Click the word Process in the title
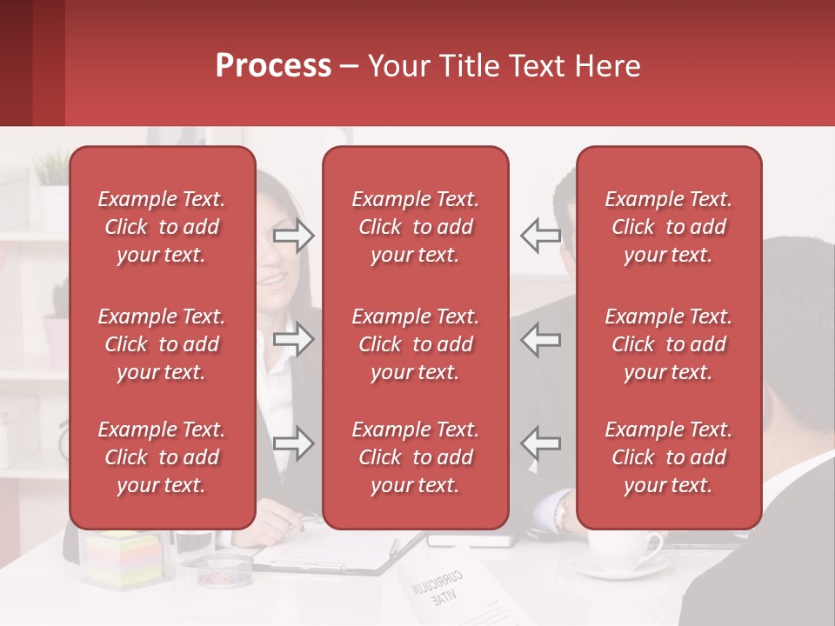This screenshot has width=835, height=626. coord(273,66)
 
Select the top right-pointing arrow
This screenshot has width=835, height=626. coord(294,236)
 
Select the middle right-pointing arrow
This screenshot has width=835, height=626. coord(294,339)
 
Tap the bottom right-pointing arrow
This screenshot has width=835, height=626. coord(294,443)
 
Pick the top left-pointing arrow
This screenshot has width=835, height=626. coord(540,236)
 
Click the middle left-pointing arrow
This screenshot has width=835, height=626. coord(540,339)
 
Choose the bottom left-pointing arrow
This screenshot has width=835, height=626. coord(540,443)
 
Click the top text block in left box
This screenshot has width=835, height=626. coord(162,227)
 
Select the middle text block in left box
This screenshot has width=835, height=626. coord(162,344)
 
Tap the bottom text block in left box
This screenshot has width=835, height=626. coord(162,457)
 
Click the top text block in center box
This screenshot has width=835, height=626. coord(415,227)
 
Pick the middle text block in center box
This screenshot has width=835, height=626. coord(415,344)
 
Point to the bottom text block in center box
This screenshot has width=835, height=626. coord(415,457)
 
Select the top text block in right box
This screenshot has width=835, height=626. coord(668,227)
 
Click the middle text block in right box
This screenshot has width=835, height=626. coord(668,344)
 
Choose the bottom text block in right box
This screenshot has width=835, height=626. coord(668,457)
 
